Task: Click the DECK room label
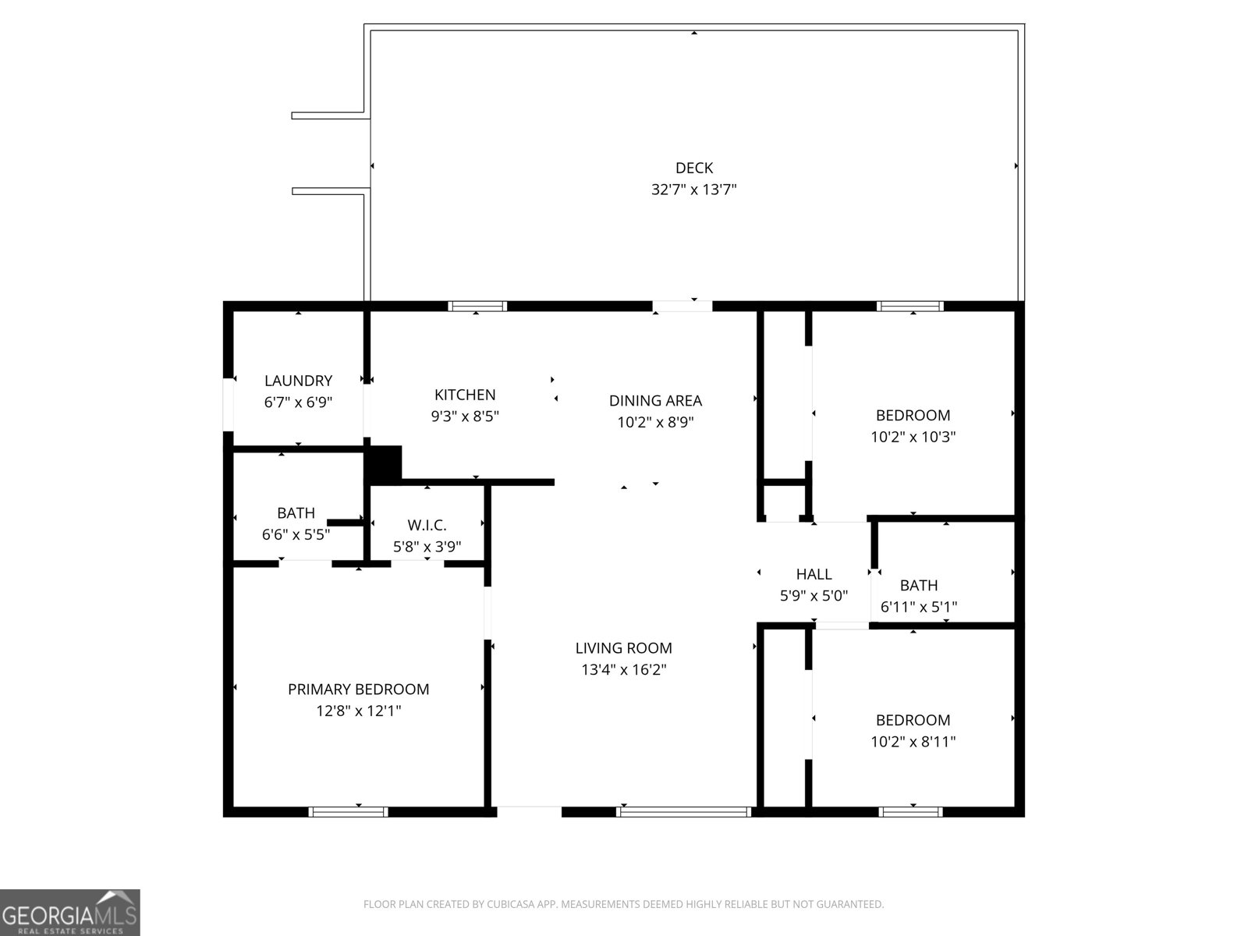693,168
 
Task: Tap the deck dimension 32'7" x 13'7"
693,190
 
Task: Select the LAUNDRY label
298,381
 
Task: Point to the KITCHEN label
465,395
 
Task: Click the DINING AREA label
655,401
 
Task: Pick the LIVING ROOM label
623,648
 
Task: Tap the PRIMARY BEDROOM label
358,690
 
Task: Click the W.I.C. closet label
427,525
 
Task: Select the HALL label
814,574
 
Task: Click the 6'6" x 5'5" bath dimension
296,535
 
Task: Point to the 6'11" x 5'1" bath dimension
919,607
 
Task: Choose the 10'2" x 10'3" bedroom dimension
913,437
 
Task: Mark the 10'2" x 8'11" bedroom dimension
913,742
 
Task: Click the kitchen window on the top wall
477,307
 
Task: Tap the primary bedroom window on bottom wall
348,812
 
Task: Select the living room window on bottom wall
683,812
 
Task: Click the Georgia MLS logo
70,913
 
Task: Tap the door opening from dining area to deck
682,307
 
